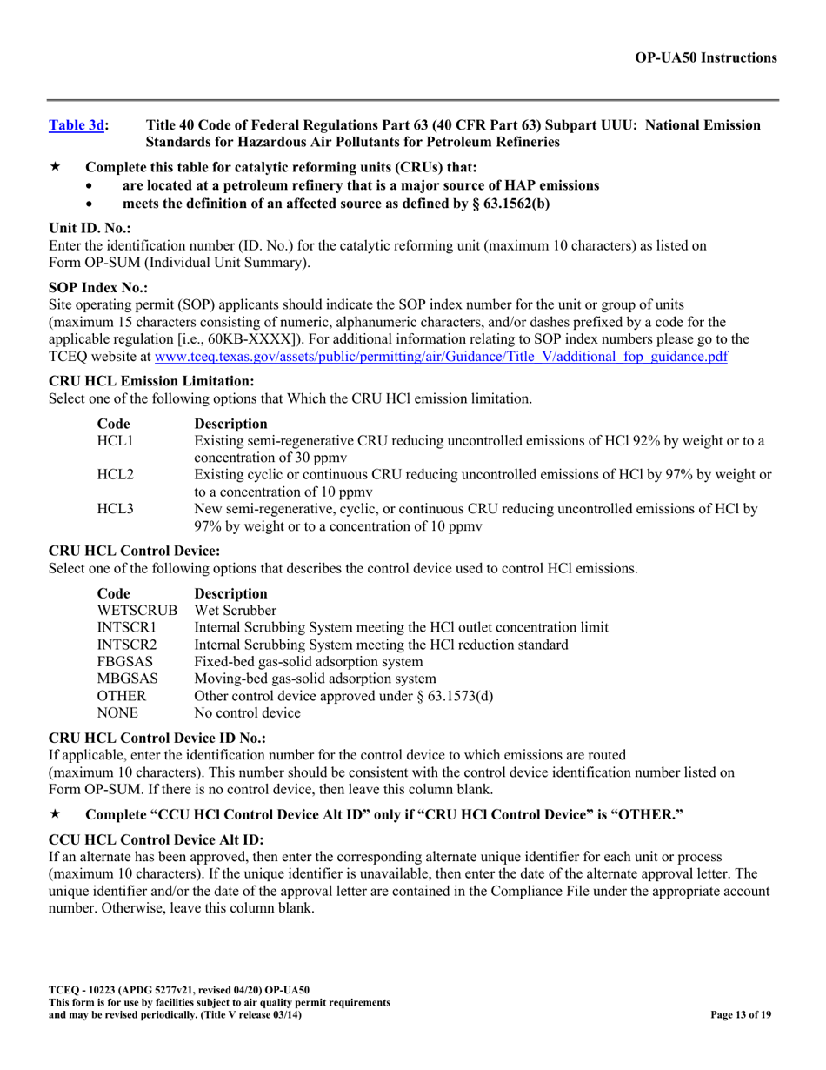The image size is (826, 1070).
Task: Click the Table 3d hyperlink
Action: [76, 125]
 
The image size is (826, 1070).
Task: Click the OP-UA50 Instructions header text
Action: [705, 57]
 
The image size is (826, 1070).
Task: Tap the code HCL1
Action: [115, 441]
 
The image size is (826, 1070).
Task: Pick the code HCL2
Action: [115, 474]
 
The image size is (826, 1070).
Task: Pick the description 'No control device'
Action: [248, 713]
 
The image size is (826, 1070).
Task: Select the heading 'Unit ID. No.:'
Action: [90, 229]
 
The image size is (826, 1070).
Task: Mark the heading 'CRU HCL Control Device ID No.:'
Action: [157, 738]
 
